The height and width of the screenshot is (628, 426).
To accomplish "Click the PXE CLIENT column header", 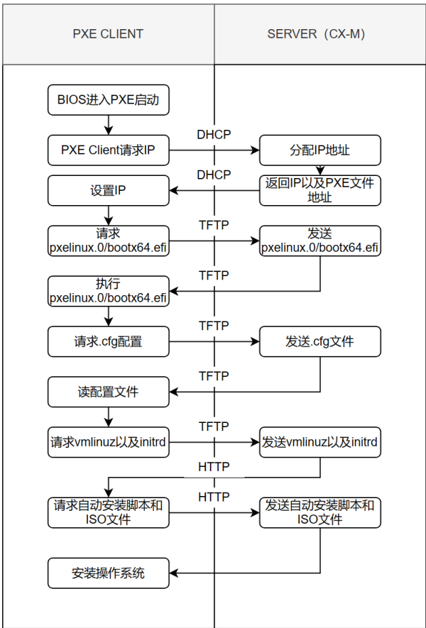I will [108, 33].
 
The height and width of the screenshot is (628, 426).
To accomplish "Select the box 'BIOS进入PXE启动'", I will [108, 100].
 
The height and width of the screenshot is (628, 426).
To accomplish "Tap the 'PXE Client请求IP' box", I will [108, 150].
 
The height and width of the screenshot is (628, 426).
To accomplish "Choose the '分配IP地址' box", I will [319, 150].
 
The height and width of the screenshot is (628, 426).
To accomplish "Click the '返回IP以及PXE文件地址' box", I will [319, 190].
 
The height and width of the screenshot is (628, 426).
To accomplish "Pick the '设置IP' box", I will [108, 190].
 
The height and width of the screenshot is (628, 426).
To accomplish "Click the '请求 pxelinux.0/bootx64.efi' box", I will [108, 241].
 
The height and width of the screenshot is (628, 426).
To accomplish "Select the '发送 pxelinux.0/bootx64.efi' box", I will [319, 241].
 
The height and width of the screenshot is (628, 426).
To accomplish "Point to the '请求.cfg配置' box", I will [108, 341].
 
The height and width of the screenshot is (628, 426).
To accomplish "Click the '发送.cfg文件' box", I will [319, 341].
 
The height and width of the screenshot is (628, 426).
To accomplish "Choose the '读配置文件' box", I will [108, 392].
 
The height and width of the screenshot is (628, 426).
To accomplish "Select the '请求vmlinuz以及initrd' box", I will [108, 442].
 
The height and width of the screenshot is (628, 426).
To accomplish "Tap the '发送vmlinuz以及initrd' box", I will [319, 442].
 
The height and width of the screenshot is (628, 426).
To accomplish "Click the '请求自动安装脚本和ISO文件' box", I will [108, 512].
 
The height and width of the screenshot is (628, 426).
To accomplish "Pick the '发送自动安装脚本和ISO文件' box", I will [319, 512].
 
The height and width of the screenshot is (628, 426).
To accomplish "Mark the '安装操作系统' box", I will [108, 573].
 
